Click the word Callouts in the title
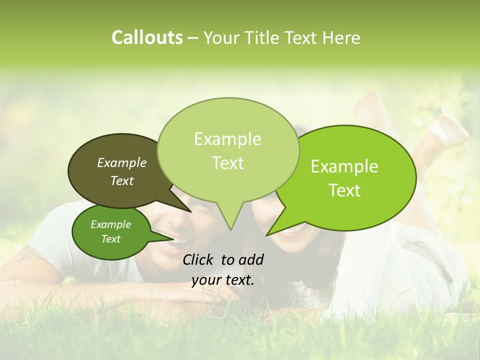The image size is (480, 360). point(147,37)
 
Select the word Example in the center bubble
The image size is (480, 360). point(227,139)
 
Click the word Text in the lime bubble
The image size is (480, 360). point(345,190)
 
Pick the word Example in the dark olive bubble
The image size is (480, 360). point(122,162)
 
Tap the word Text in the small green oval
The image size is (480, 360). point(111,239)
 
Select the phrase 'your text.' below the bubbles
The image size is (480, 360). point(223,280)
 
